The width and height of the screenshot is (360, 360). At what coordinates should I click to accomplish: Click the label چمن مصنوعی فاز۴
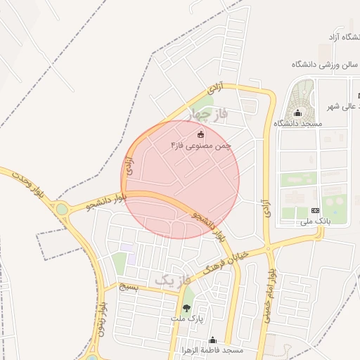tap(200, 145)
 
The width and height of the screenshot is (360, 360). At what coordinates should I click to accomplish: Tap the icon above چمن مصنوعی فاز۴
tap(200, 134)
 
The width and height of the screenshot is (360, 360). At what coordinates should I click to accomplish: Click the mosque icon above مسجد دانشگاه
tap(297, 112)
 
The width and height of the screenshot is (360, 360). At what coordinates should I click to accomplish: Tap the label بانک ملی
tap(315, 221)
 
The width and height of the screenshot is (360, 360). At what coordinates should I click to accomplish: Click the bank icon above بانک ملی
tap(314, 211)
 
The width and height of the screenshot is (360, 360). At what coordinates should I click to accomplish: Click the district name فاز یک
tap(172, 280)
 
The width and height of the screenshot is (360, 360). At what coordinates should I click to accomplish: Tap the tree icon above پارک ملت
tap(186, 307)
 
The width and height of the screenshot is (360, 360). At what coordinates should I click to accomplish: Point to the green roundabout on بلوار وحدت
tap(63, 209)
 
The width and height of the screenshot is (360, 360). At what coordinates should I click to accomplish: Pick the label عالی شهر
tap(342, 106)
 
